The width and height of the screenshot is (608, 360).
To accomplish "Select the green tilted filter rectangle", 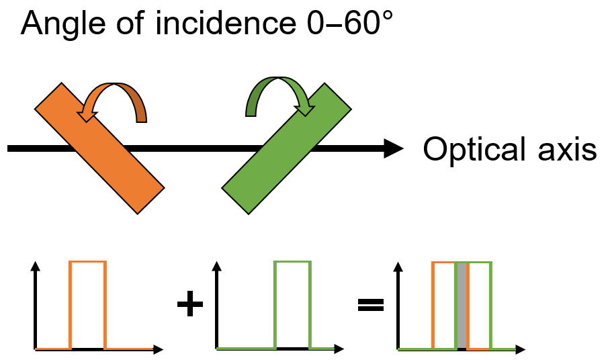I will (286, 147).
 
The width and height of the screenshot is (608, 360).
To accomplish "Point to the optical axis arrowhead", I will (393, 148).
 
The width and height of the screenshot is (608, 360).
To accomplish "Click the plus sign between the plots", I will (189, 306).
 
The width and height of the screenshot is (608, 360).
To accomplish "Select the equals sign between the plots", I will (371, 306).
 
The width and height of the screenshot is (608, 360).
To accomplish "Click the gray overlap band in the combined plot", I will (462, 306).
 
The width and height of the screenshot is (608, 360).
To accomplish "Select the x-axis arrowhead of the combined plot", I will (521, 349).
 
